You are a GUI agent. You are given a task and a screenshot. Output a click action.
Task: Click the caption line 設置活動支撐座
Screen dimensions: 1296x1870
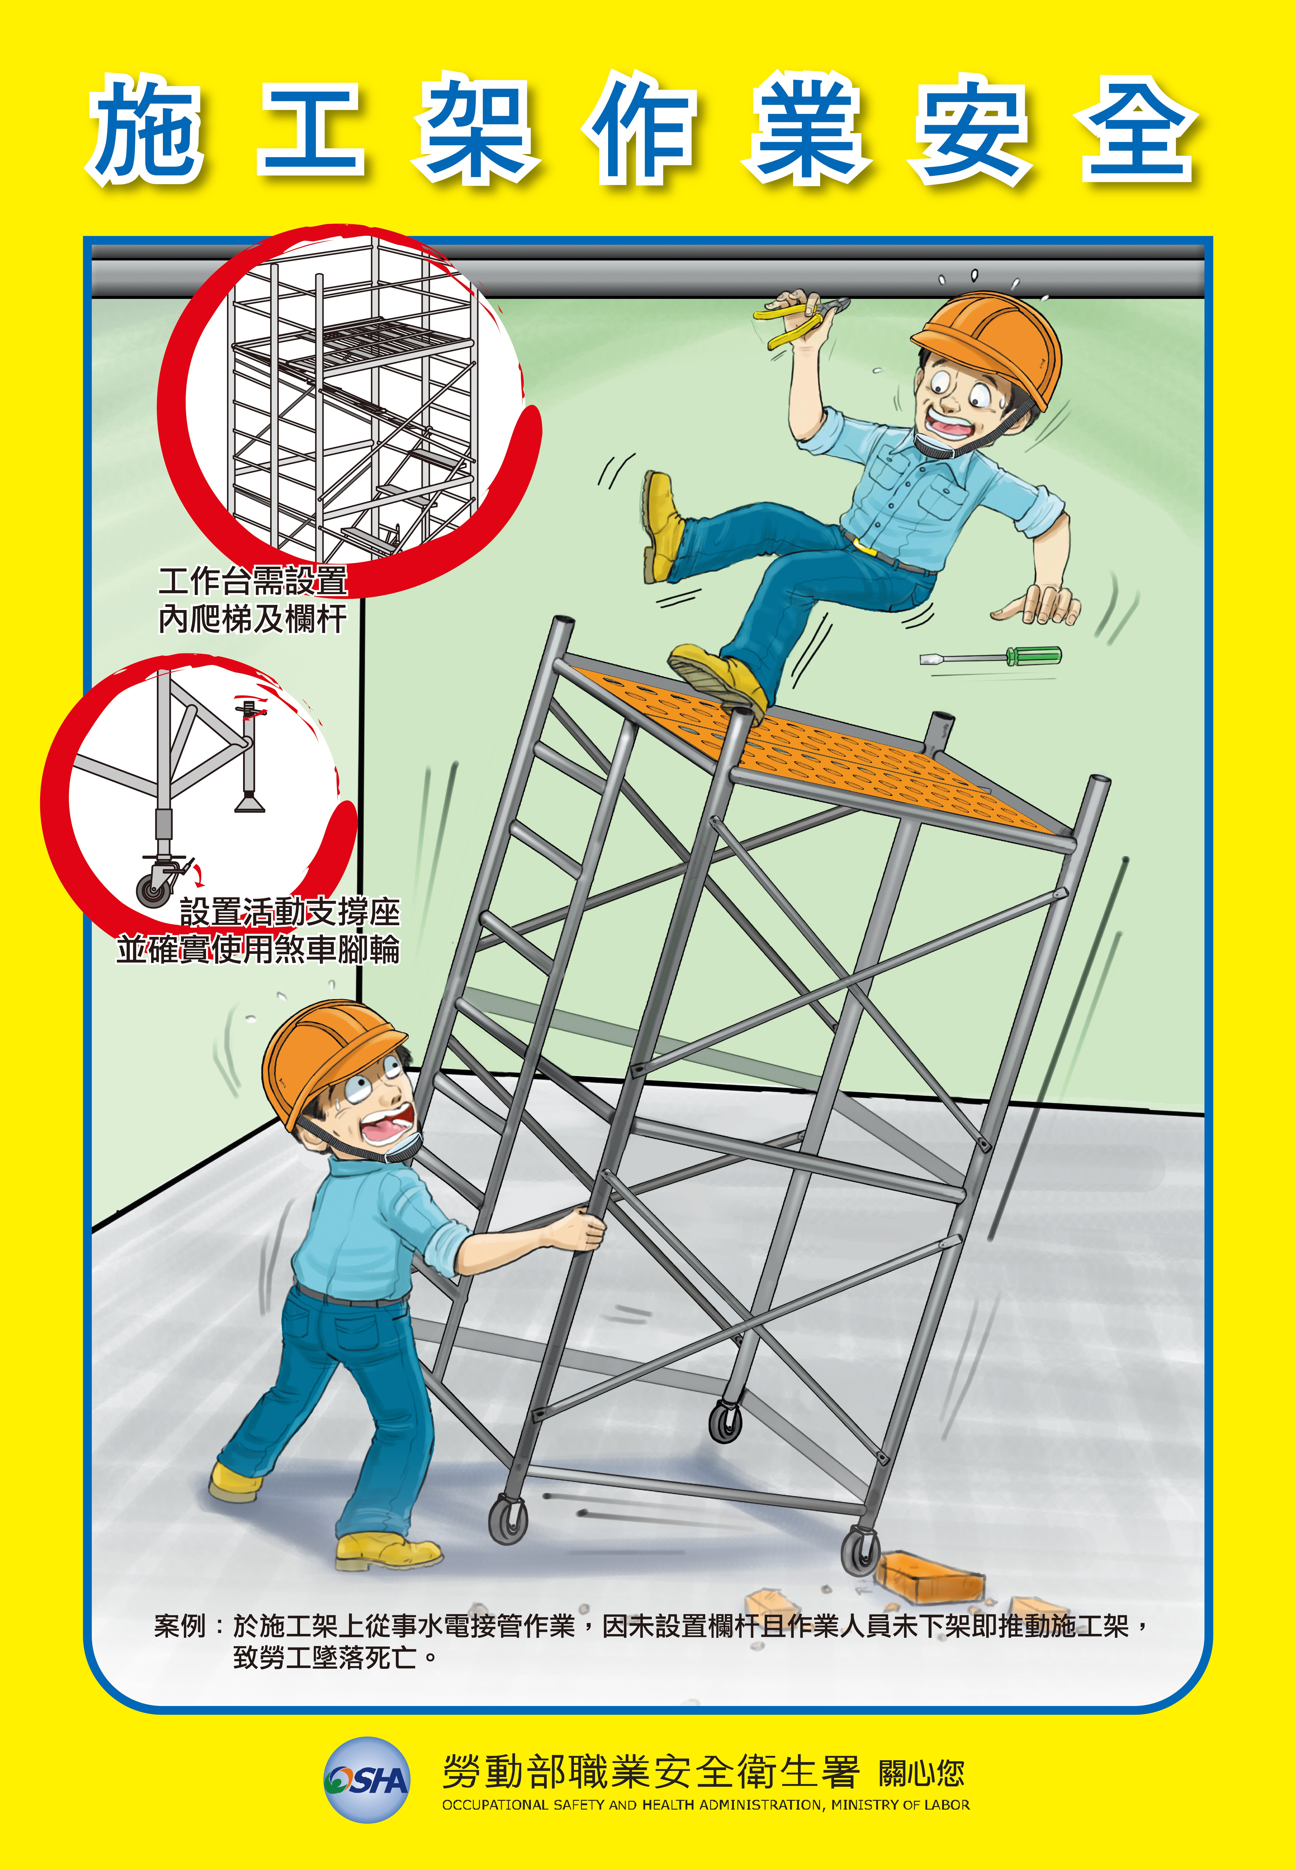click(x=290, y=911)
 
